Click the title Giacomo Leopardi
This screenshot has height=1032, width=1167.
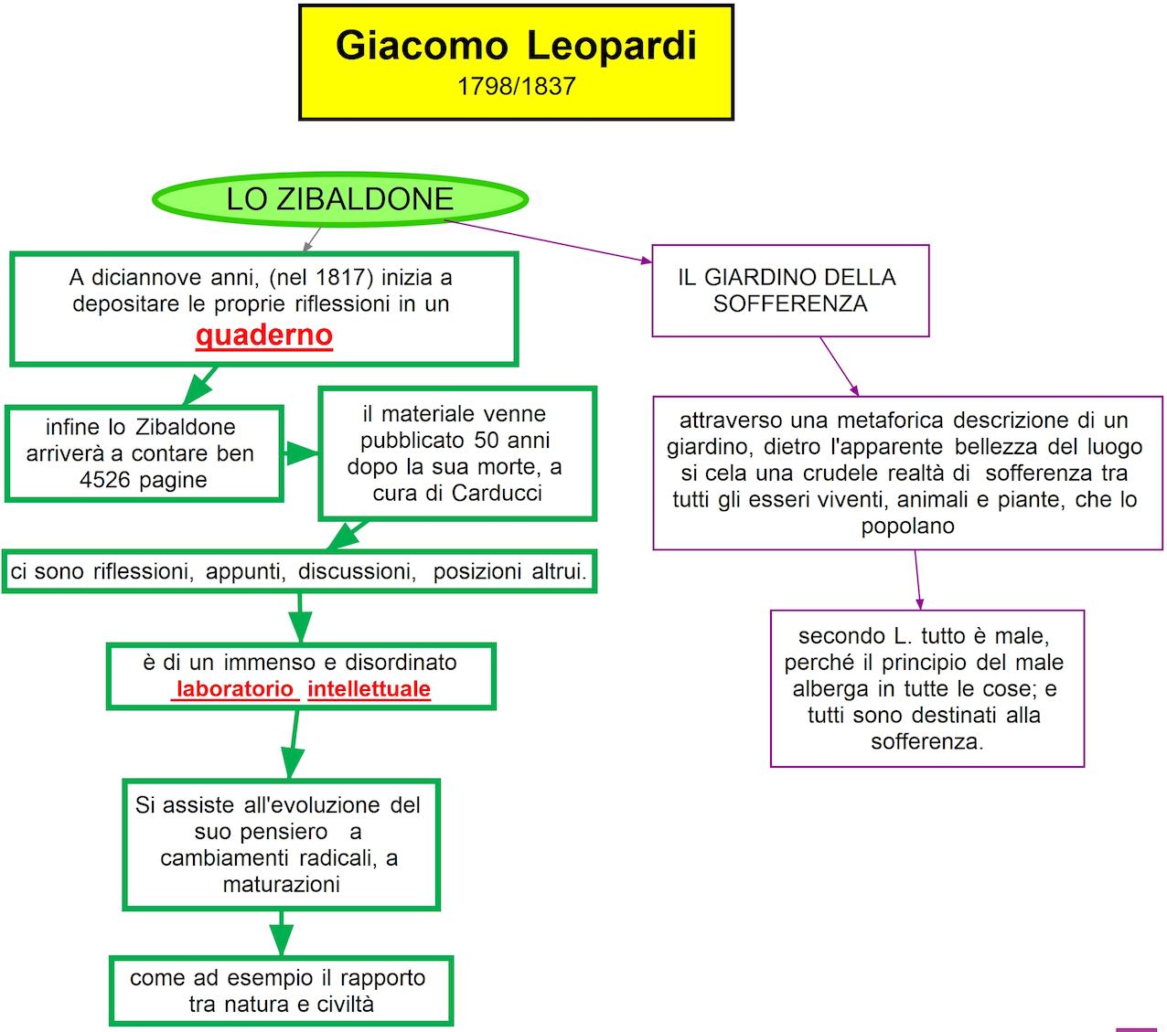click(516, 46)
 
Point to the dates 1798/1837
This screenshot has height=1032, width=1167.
click(516, 87)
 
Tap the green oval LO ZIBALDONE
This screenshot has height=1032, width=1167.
click(339, 199)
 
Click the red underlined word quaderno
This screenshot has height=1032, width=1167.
click(263, 335)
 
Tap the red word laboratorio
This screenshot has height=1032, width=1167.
click(234, 689)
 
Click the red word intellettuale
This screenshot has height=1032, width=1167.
click(369, 689)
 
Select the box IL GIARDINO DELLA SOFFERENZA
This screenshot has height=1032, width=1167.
click(790, 291)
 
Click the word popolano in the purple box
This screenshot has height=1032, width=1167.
click(907, 527)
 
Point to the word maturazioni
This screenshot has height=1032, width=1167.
click(282, 885)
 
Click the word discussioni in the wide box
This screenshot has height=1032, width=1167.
click(357, 572)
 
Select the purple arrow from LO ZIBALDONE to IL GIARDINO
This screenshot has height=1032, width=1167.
click(549, 240)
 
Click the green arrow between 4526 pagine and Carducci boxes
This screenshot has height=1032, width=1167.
click(300, 453)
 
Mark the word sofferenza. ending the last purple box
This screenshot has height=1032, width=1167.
click(926, 742)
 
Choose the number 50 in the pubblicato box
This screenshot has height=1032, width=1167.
click(487, 441)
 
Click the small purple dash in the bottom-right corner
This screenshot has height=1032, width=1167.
click(1137, 1029)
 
